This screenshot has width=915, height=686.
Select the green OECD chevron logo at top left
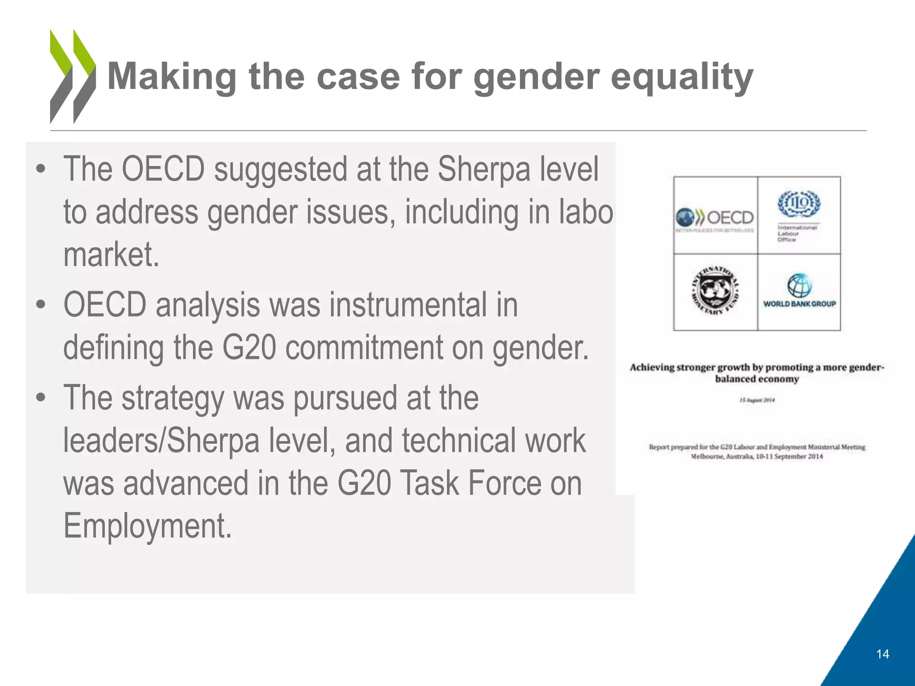click(x=73, y=76)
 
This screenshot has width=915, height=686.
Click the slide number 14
click(x=882, y=654)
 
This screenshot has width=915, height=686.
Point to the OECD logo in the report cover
click(x=715, y=218)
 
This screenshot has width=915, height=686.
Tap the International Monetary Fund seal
click(x=715, y=292)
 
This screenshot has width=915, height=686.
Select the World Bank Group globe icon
click(x=799, y=285)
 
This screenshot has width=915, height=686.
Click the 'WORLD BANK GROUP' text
click(x=799, y=304)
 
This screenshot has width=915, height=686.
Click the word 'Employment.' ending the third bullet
click(x=147, y=526)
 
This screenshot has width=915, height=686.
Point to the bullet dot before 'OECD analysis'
click(x=41, y=305)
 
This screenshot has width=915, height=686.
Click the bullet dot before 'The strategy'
click(x=41, y=397)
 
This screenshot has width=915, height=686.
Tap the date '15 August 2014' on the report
click(x=757, y=400)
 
